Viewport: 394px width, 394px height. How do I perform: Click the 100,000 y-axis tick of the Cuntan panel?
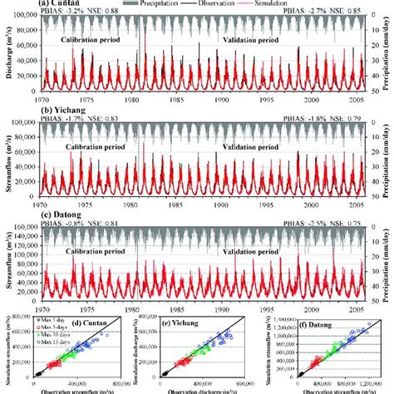27,17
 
